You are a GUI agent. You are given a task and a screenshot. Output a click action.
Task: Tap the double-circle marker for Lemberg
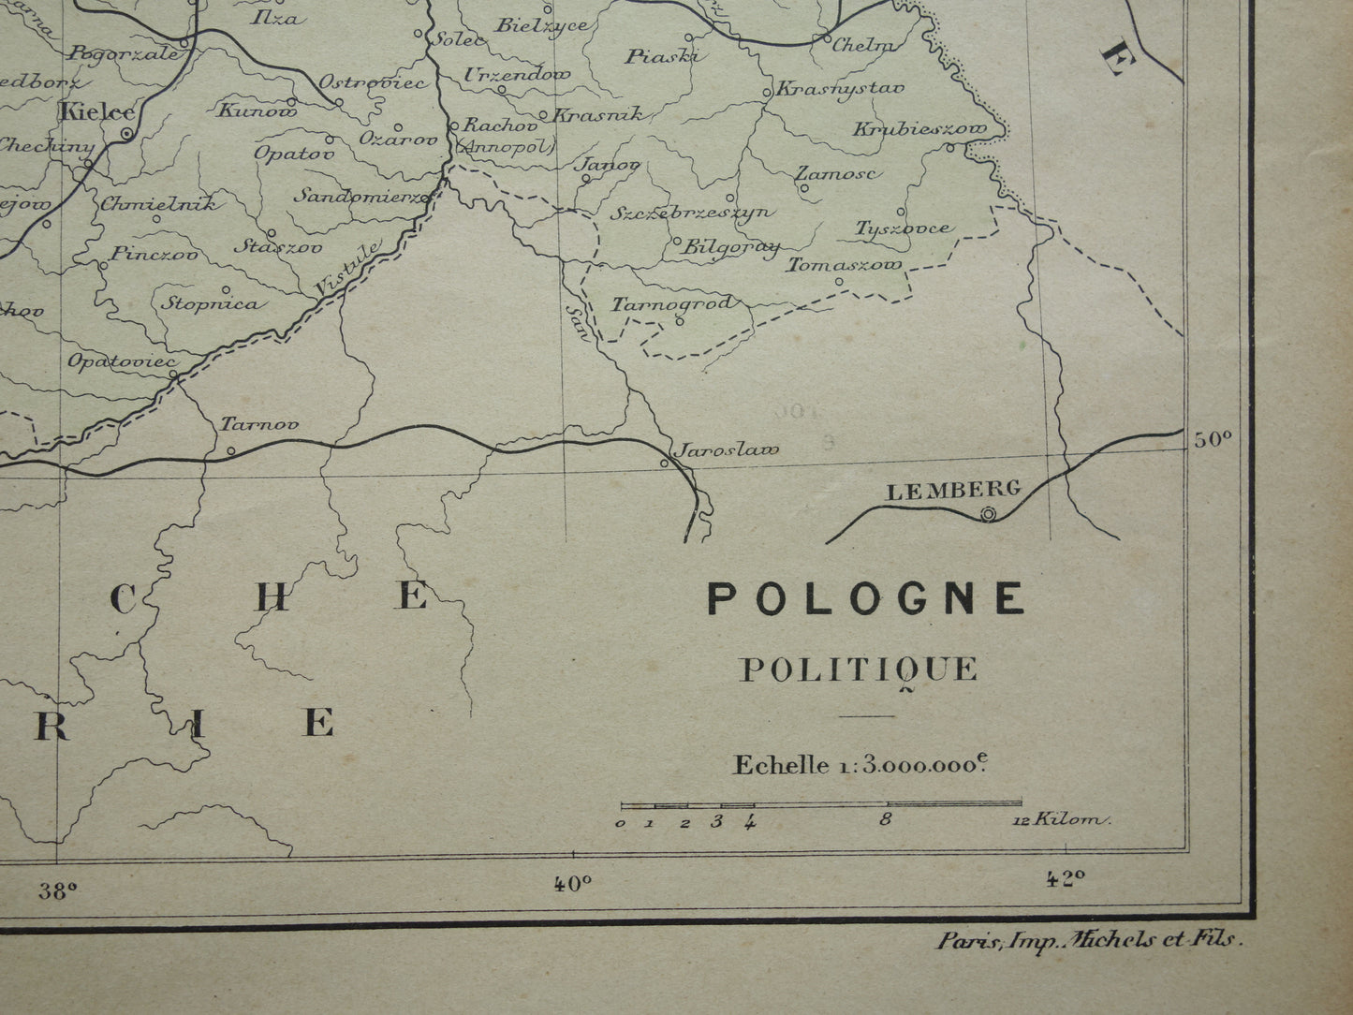point(988,513)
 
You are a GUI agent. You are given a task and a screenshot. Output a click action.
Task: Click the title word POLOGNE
point(865,597)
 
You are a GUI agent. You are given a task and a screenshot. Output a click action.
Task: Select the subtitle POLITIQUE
point(859,669)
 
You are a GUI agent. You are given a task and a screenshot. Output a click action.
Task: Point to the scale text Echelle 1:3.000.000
point(860,764)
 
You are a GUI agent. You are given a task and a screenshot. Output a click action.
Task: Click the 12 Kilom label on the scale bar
point(1060,821)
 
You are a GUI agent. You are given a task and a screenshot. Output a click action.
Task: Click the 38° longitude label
point(57,890)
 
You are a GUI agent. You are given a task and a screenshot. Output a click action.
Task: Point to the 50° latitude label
point(1213,438)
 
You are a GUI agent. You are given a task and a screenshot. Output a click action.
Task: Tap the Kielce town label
point(96,112)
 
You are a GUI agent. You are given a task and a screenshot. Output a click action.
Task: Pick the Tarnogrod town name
point(672,303)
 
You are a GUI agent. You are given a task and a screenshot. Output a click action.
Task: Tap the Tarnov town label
point(259,423)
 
